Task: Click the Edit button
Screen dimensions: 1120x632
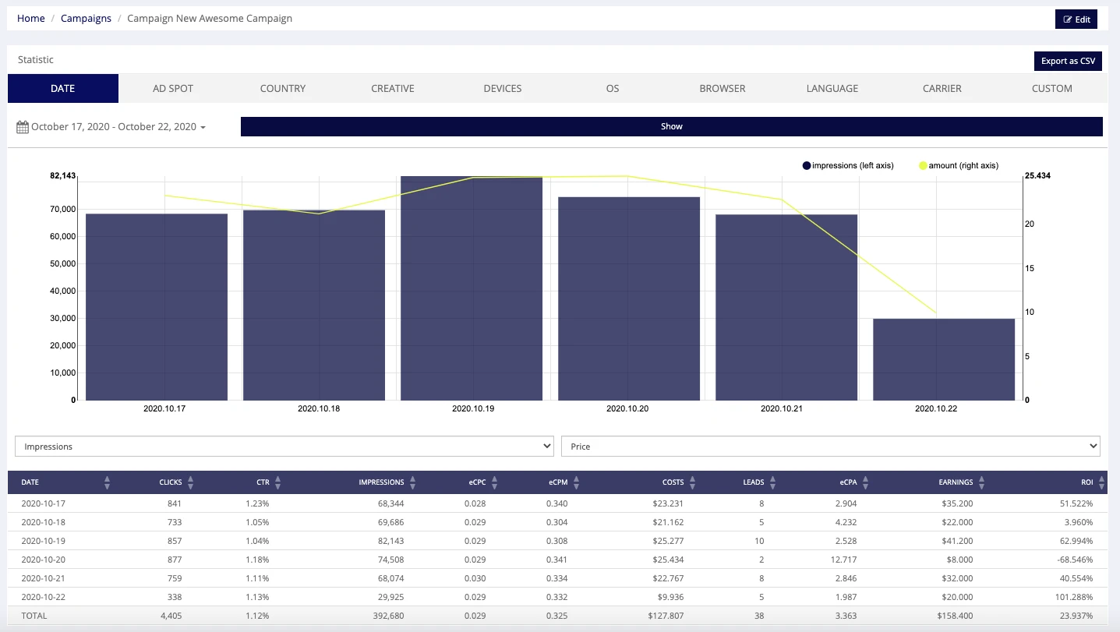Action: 1076,19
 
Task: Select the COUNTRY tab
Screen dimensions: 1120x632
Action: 282,89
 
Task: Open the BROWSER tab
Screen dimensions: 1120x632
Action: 722,89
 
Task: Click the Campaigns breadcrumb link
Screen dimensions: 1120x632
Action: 86,19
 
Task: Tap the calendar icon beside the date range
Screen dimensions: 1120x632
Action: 23,127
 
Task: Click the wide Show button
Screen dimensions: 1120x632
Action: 672,126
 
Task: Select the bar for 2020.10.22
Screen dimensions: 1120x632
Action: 944,359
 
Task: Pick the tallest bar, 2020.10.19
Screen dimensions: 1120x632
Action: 472,288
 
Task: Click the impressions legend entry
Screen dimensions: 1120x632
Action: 848,165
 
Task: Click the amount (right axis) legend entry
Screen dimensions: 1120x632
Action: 959,165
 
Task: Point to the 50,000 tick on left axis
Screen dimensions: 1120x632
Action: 63,263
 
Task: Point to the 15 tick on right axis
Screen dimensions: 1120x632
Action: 1030,269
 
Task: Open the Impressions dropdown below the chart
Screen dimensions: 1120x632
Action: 284,446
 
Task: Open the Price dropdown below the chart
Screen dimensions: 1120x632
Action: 831,446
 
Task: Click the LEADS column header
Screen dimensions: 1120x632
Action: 754,482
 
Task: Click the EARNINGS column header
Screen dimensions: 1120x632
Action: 956,482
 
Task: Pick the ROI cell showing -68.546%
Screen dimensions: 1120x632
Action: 1075,560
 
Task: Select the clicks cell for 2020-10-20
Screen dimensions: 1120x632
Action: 175,560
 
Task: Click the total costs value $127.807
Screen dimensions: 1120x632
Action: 666,616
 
